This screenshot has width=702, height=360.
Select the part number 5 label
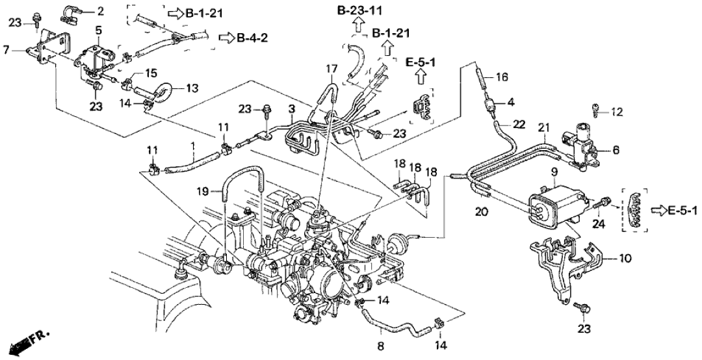click(x=98, y=30)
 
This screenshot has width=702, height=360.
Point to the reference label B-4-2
click(x=249, y=37)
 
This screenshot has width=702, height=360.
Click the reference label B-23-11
click(x=359, y=10)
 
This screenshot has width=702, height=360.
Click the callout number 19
click(x=202, y=191)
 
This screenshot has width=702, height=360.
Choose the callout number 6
click(x=614, y=149)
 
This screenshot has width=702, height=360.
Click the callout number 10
click(x=625, y=259)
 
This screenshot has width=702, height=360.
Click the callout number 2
click(x=99, y=11)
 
